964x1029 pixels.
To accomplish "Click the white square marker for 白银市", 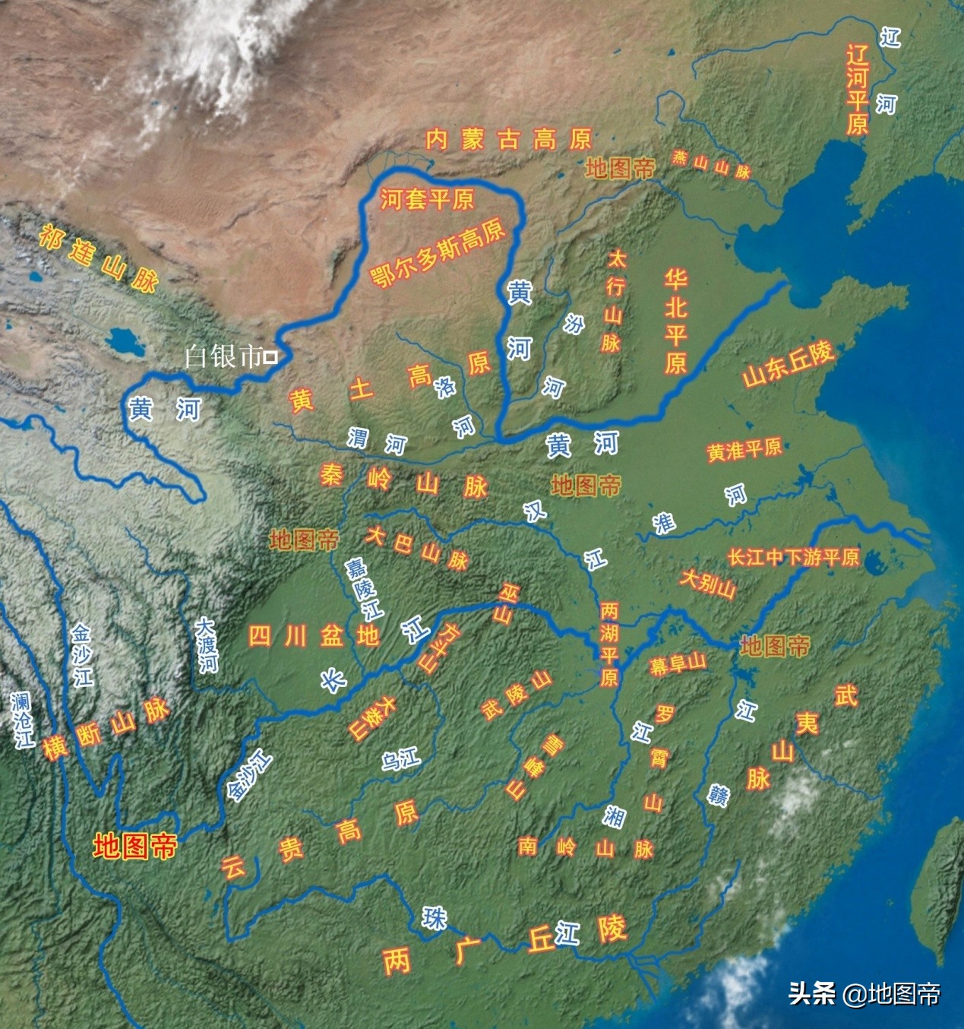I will coord(270,356).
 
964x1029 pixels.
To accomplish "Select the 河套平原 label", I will coord(427,199).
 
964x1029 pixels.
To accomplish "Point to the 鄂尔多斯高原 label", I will coord(438,253).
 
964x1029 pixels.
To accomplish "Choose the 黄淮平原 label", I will coord(744,450).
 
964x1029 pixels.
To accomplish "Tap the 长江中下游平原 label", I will coord(793,558).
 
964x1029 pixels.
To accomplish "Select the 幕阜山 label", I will coord(678,664).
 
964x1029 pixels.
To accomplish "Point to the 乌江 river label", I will coord(400,758).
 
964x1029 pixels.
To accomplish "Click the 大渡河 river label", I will coord(206,645).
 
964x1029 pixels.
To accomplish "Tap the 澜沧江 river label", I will coord(23,719).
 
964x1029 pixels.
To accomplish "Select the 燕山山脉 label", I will coord(711,164).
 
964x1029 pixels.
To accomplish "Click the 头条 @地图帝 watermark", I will coord(864,993).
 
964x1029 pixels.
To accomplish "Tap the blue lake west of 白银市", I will coord(122,341).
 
